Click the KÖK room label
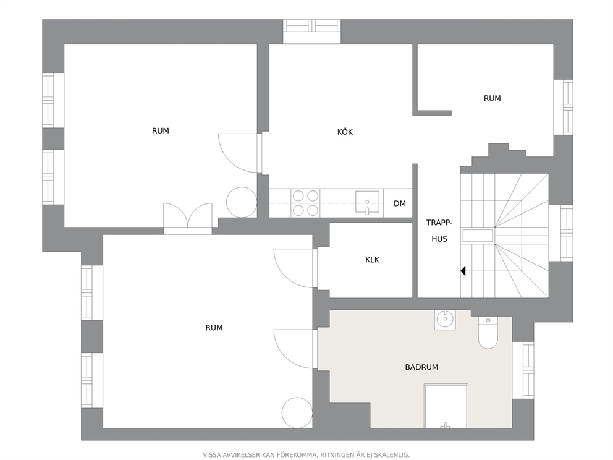click(345, 132)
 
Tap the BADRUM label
click(421, 367)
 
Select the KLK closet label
click(372, 260)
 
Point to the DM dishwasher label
click(400, 203)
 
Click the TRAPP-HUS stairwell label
click(439, 231)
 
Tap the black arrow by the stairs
click(463, 271)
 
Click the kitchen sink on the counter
click(367, 203)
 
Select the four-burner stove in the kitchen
click(305, 203)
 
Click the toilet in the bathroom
click(488, 333)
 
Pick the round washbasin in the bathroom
click(445, 320)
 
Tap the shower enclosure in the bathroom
click(446, 406)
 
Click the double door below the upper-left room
click(188, 218)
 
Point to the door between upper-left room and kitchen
click(240, 153)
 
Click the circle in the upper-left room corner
click(242, 202)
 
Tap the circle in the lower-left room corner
click(297, 412)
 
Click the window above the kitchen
click(312, 32)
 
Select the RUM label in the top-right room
click(493, 98)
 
